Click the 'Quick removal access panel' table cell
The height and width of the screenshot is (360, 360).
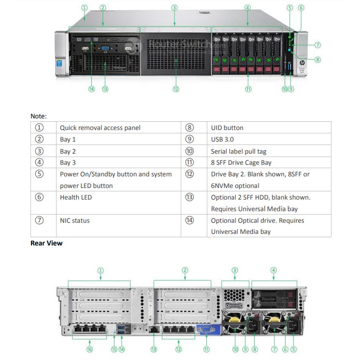click(100, 128)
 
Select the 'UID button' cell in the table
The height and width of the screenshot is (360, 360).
click(227, 128)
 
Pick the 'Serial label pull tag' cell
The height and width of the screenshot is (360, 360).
click(238, 151)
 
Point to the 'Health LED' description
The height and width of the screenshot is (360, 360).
click(75, 197)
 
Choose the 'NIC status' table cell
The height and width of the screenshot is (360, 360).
click(74, 220)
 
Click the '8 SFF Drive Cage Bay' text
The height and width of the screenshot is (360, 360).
click(241, 163)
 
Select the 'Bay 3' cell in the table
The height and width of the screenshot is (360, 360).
click(68, 163)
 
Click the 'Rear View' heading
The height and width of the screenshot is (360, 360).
click(46, 243)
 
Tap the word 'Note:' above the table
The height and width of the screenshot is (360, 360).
click(39, 116)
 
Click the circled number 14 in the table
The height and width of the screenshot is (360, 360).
click(189, 220)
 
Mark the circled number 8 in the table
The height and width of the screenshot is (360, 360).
click(189, 128)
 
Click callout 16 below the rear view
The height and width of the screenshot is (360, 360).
click(89, 349)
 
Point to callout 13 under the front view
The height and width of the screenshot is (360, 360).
click(105, 89)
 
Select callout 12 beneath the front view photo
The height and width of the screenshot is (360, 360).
click(176, 89)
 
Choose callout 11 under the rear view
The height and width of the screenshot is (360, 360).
click(207, 349)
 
